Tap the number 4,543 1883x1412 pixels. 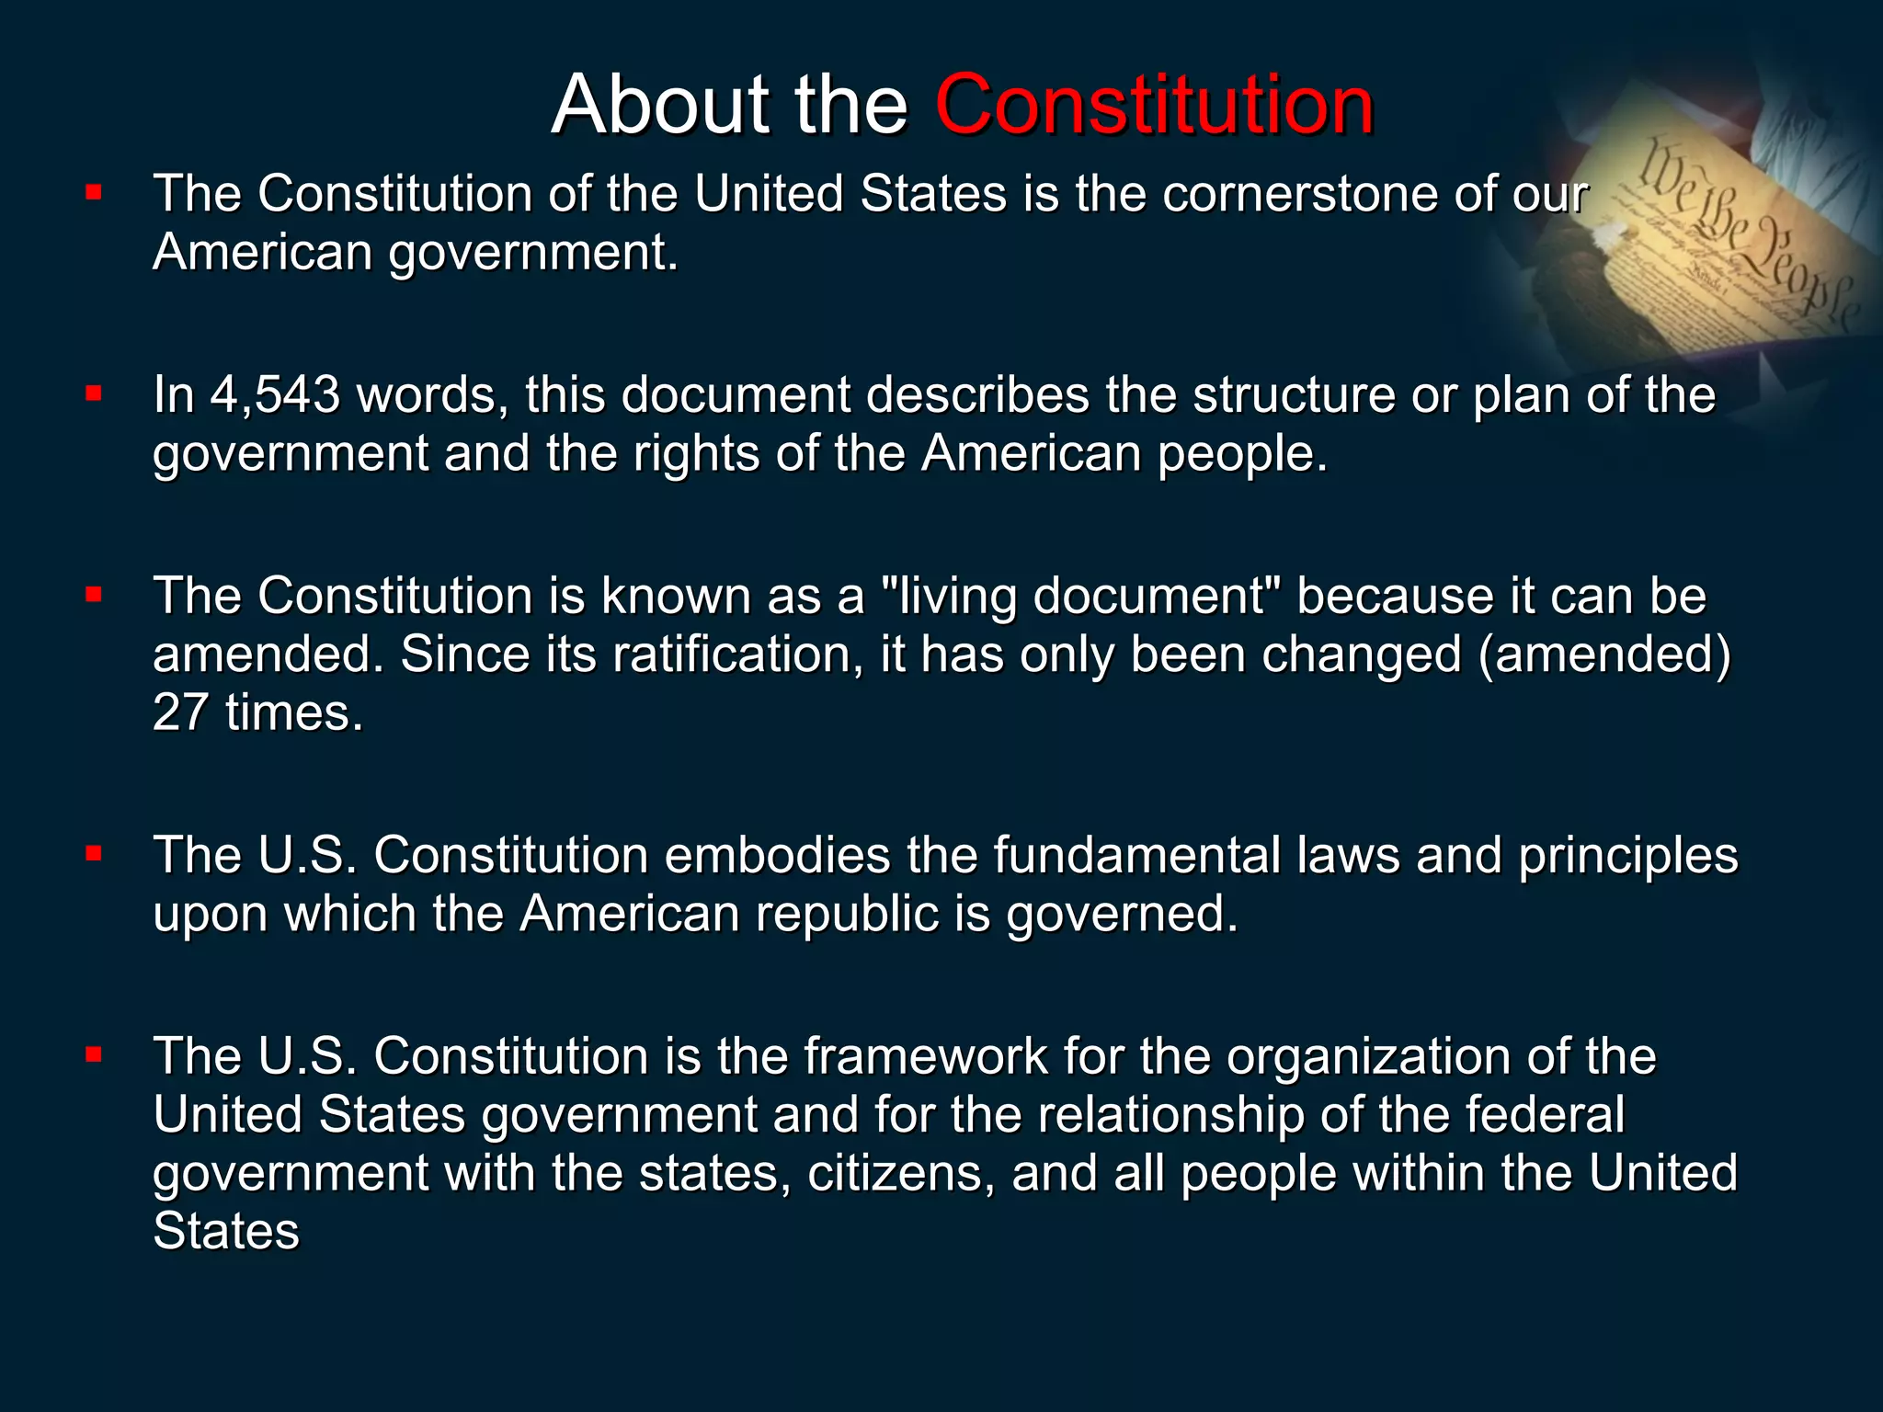pyautogui.click(x=275, y=394)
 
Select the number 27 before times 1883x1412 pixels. pyautogui.click(x=180, y=712)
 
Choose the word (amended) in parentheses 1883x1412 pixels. pyautogui.click(x=1604, y=655)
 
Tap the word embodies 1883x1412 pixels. pyautogui.click(x=778, y=855)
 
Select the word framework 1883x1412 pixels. pyautogui.click(x=926, y=1055)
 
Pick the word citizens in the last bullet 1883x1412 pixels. pyautogui.click(x=901, y=1173)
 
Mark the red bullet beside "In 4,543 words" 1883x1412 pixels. pyautogui.click(x=93, y=394)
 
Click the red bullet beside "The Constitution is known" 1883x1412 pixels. pyautogui.click(x=93, y=595)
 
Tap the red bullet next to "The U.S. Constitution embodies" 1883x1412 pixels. pyautogui.click(x=93, y=854)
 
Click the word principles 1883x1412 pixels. pyautogui.click(x=1628, y=855)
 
